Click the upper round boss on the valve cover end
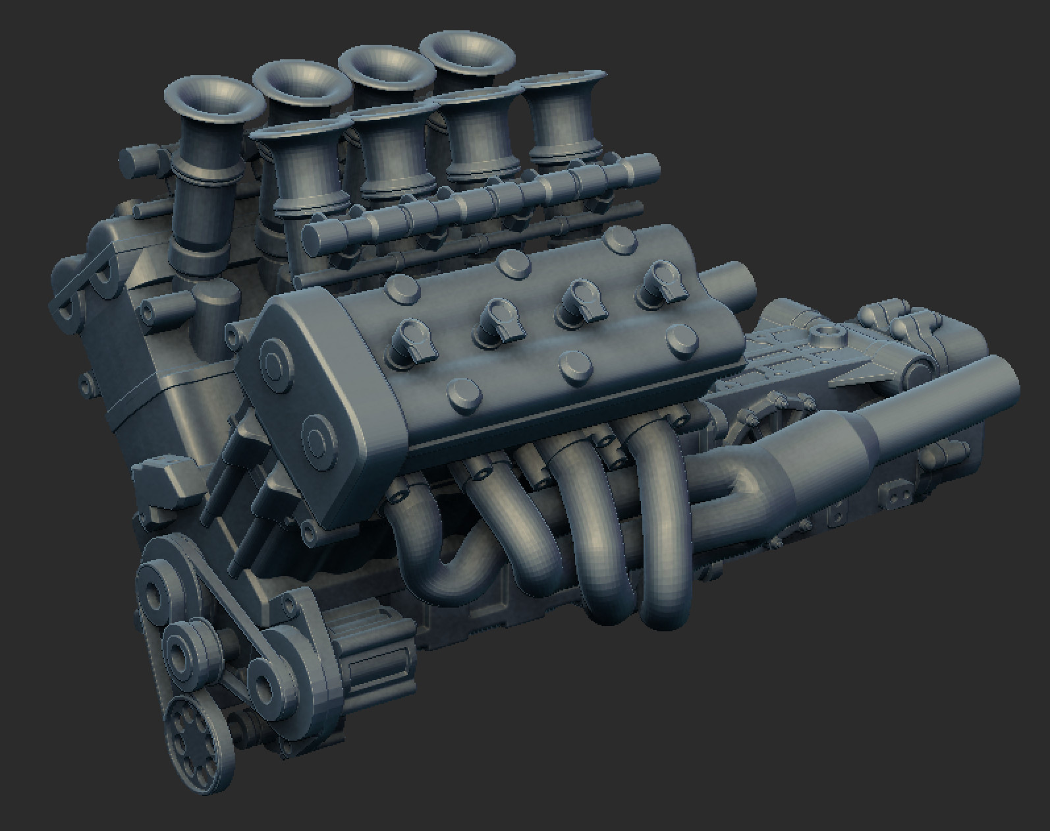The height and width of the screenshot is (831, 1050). pos(275,361)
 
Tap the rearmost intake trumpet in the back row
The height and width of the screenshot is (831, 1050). pos(466,59)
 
